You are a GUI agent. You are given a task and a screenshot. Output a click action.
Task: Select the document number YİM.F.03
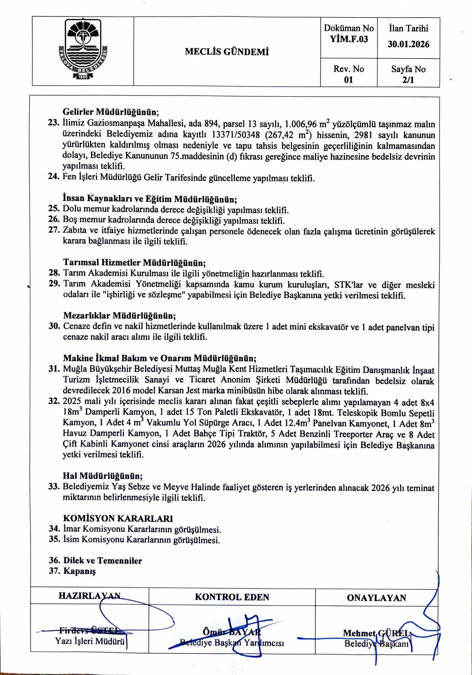click(349, 39)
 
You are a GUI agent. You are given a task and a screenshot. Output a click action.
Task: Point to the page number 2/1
click(408, 80)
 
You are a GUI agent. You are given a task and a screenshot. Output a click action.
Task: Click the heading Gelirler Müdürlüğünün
click(111, 112)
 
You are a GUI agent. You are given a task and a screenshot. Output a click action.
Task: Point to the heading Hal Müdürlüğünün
click(103, 476)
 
